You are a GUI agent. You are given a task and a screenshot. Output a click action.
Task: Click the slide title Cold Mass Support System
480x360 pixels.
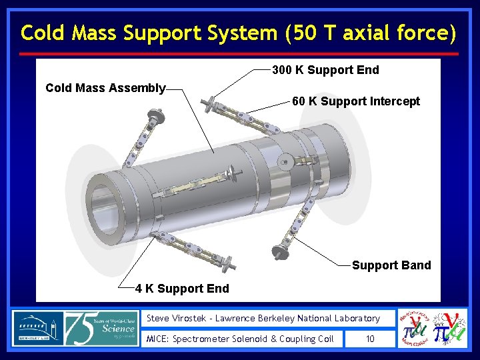pos(239,32)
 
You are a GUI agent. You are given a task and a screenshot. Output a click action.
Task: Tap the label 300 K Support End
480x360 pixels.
pos(325,70)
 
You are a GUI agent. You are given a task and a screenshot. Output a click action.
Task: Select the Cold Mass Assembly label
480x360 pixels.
pos(105,88)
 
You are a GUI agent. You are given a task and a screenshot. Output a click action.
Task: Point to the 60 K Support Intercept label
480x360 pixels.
pos(356,101)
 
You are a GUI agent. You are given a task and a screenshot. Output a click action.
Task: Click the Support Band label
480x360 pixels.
pos(391,265)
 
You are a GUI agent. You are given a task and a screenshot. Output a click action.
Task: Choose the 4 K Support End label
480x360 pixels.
pos(182,289)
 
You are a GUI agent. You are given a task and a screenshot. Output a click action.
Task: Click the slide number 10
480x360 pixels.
pos(370,339)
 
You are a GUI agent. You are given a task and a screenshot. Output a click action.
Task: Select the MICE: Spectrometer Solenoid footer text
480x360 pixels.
pos(240,339)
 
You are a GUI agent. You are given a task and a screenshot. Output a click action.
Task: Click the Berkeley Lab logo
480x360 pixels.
pos(38,328)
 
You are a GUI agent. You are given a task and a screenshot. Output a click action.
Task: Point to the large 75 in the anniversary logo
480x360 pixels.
pos(84,328)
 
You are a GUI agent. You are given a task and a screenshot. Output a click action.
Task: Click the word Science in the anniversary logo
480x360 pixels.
pos(118,328)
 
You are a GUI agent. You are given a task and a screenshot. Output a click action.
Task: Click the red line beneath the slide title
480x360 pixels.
pos(239,54)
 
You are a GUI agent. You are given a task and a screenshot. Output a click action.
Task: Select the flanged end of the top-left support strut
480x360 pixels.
pos(159,119)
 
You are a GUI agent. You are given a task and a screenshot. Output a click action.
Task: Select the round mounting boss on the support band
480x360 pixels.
pos(285,161)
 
